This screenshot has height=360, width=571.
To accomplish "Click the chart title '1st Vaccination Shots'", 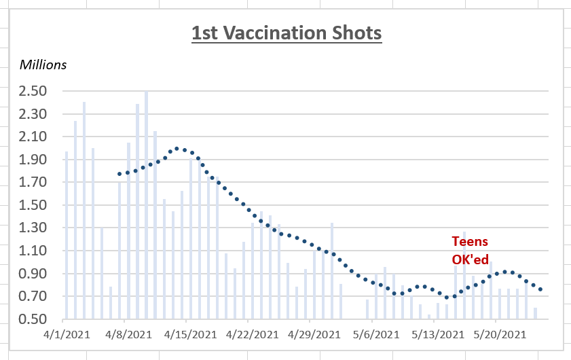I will tap(286, 33).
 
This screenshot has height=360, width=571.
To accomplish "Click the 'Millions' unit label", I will tap(43, 65).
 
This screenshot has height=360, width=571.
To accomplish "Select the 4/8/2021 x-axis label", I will tap(129, 334).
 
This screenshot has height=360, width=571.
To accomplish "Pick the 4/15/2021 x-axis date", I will tap(190, 334).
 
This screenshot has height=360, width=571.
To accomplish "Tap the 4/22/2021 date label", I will tap(252, 334).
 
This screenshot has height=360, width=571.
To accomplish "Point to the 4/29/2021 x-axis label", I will tap(314, 334).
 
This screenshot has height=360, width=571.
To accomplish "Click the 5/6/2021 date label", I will tap(375, 334).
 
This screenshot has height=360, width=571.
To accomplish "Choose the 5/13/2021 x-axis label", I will tap(437, 334).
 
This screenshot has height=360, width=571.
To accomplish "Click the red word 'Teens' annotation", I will tap(470, 241).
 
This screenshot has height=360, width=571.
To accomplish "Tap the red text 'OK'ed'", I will tap(470, 259).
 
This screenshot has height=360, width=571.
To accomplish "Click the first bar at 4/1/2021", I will tap(67, 235).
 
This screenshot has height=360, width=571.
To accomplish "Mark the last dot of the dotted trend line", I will tap(540, 289).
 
